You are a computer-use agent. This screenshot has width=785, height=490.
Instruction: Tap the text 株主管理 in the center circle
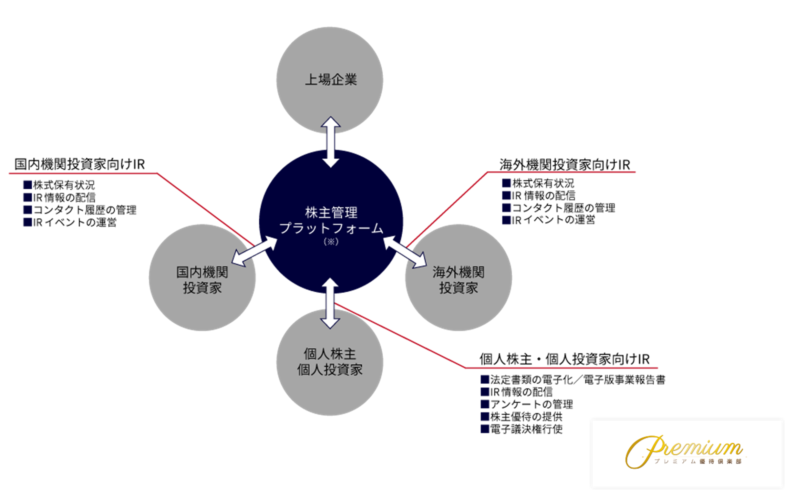coord(331,213)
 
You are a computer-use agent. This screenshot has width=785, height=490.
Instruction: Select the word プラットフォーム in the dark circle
coord(331,229)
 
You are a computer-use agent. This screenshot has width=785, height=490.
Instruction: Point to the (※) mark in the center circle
coord(331,242)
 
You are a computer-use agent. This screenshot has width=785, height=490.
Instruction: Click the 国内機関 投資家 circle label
coord(202,280)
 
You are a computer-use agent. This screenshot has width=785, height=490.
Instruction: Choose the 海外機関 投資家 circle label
coord(458,280)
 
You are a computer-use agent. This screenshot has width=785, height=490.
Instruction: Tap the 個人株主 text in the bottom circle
coord(330,354)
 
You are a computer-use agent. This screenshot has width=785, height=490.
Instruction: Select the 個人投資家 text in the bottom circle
coord(330,370)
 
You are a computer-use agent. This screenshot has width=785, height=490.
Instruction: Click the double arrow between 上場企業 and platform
coord(331,142)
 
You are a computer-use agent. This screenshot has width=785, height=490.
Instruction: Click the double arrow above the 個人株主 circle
coord(330,303)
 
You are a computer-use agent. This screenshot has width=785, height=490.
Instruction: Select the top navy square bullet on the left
coord(28,184)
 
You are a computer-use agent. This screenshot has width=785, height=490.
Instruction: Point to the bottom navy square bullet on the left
coord(28,222)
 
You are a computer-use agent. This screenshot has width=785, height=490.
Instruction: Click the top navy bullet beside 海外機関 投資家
coord(507,183)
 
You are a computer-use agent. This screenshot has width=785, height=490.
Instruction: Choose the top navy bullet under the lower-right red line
coord(485,379)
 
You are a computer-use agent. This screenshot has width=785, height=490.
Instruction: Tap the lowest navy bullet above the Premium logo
coord(485,429)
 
